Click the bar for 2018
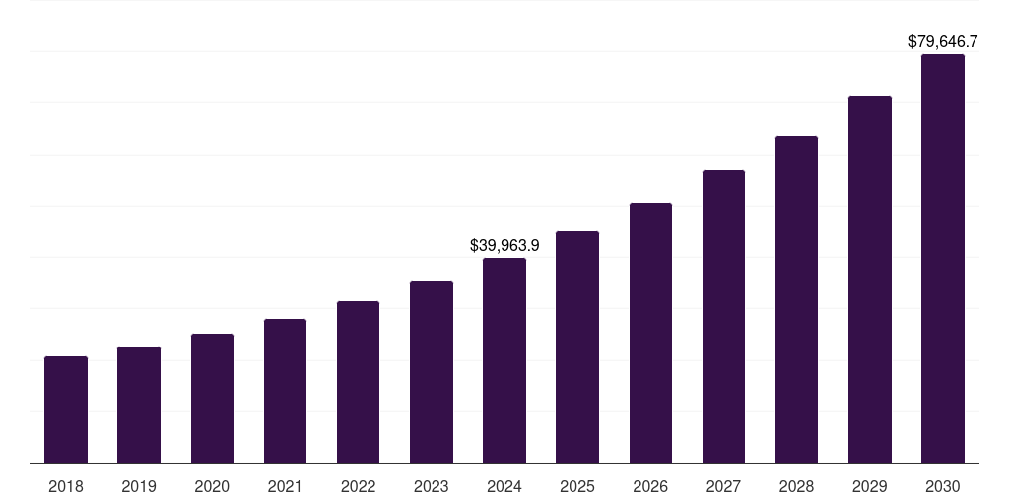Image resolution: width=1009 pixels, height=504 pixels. pos(66,409)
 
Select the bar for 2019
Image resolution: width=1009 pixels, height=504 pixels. pos(139,405)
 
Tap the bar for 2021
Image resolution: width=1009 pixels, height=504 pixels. pos(285,391)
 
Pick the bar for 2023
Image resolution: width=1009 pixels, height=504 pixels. pos(432,372)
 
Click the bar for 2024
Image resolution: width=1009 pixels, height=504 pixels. pos(504,360)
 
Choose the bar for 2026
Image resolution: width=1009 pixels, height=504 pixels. pos(650,333)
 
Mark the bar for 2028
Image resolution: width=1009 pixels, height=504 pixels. pos(796,299)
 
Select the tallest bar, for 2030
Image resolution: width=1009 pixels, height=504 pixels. pos(942,259)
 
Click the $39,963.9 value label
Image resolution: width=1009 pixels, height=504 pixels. pos(504,245)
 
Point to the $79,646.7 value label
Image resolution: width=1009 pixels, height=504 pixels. pos(942,41)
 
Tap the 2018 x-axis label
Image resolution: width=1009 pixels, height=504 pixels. pos(66,486)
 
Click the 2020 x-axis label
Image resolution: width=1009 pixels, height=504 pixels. pos(212,486)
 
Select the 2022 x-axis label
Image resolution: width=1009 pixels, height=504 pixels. pos(358,486)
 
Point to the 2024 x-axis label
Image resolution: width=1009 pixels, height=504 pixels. pos(504,486)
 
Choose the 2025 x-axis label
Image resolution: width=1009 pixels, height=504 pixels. pos(577,486)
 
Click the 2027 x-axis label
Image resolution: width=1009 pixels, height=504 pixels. pos(723,486)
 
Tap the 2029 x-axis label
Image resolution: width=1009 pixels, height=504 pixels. pos(869,486)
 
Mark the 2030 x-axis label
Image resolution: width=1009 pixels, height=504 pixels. pos(942,486)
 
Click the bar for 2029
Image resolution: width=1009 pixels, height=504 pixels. pos(869,280)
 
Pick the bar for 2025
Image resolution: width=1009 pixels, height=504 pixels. pos(577,347)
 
